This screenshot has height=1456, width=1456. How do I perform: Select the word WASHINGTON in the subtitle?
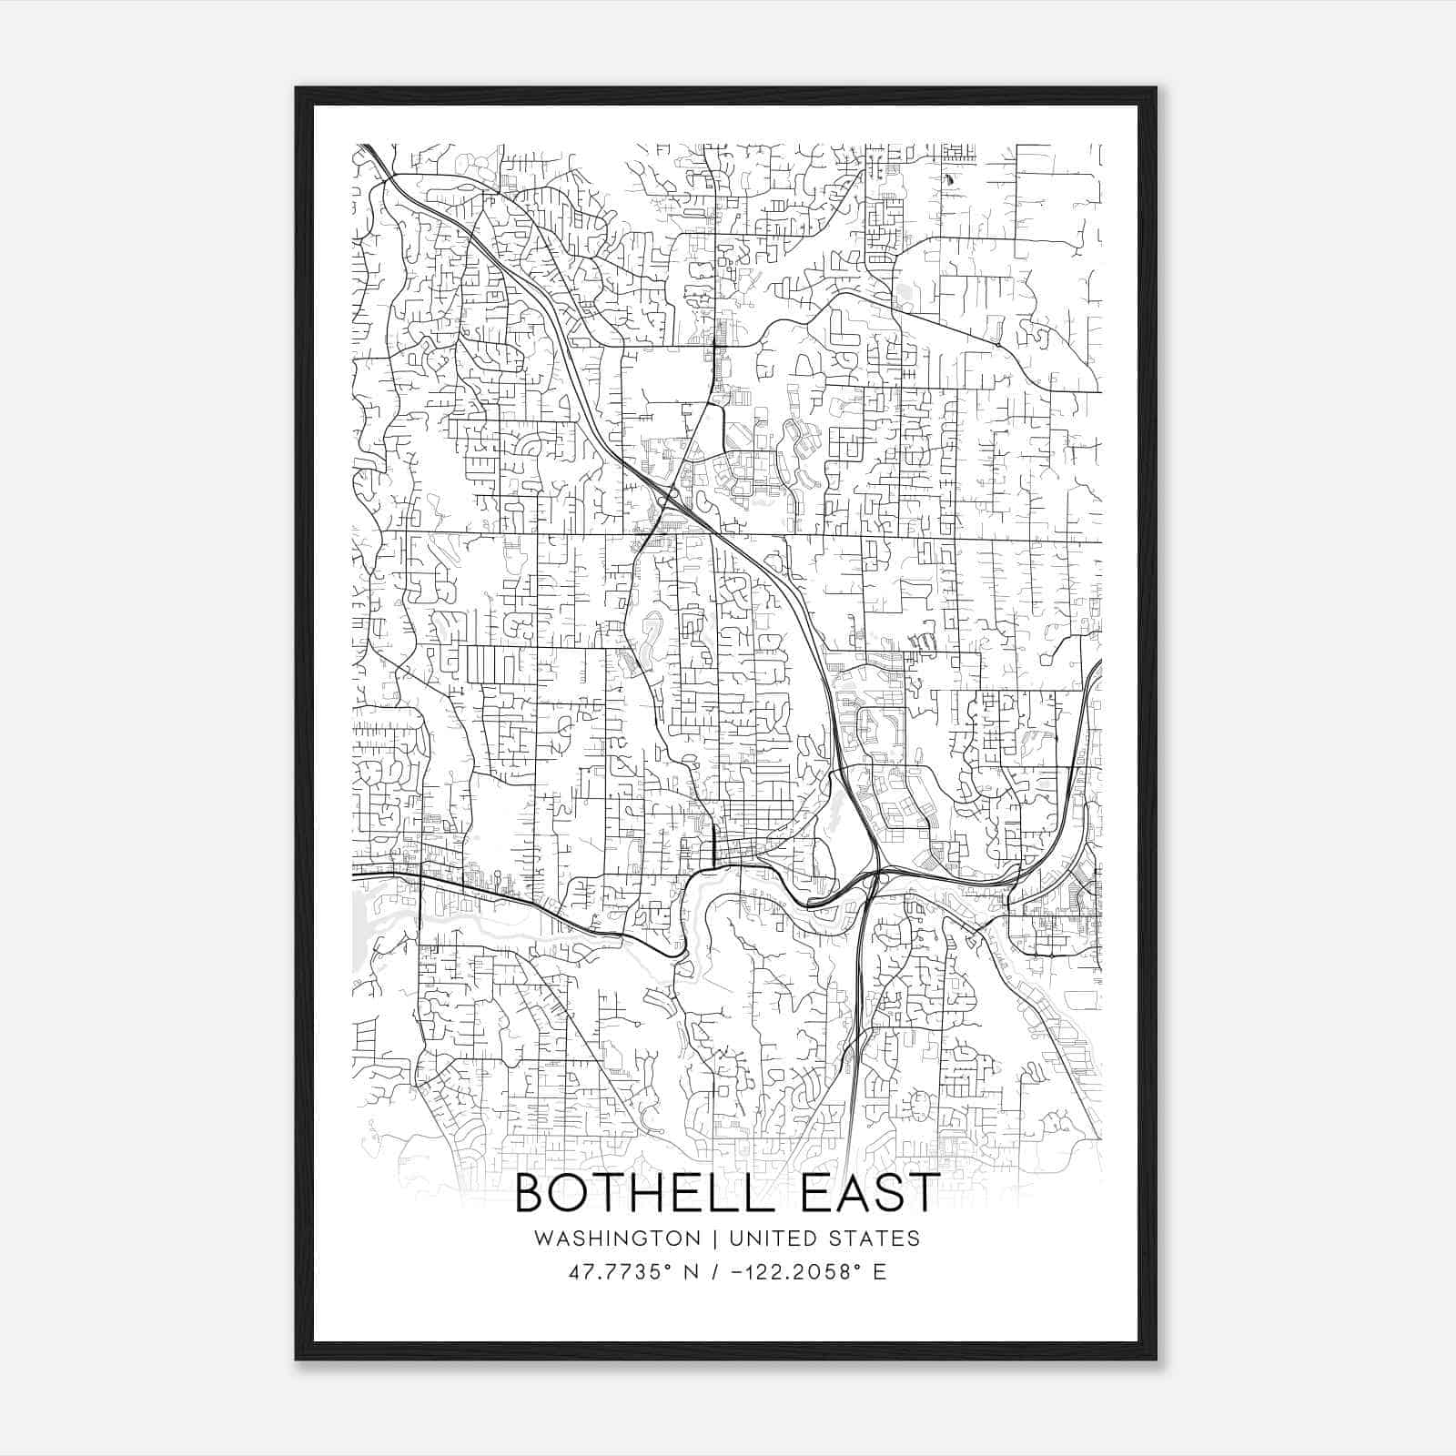tap(618, 1239)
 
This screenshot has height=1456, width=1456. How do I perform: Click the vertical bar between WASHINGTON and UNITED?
tap(712, 1239)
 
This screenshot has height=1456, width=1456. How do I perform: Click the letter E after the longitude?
tap(879, 1272)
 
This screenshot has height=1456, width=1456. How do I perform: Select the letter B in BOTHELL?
tap(531, 1193)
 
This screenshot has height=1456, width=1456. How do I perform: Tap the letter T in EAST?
tap(922, 1193)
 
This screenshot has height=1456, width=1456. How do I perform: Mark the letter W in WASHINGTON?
tap(543, 1239)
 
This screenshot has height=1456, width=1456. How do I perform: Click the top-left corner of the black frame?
tap(297, 88)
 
